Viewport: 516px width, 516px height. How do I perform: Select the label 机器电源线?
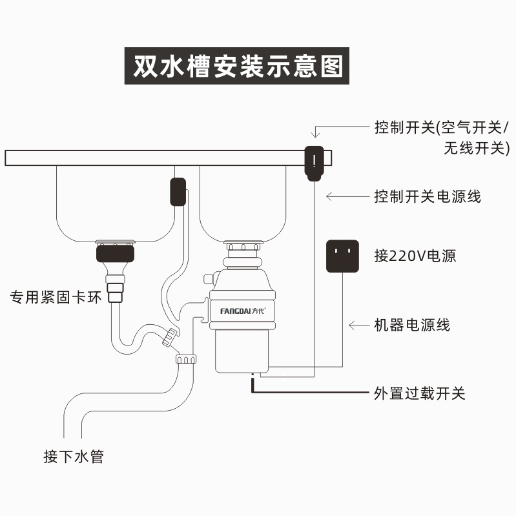(411, 325)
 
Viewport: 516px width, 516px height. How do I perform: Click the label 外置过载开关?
(419, 393)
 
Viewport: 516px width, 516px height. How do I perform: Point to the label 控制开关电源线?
(427, 196)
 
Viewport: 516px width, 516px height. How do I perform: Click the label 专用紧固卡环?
(56, 298)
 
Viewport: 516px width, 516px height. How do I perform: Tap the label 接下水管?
(74, 457)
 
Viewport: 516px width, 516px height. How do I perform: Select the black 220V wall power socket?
(342, 256)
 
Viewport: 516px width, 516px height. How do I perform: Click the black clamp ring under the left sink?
(116, 253)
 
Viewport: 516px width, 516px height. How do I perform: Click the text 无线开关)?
(476, 148)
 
